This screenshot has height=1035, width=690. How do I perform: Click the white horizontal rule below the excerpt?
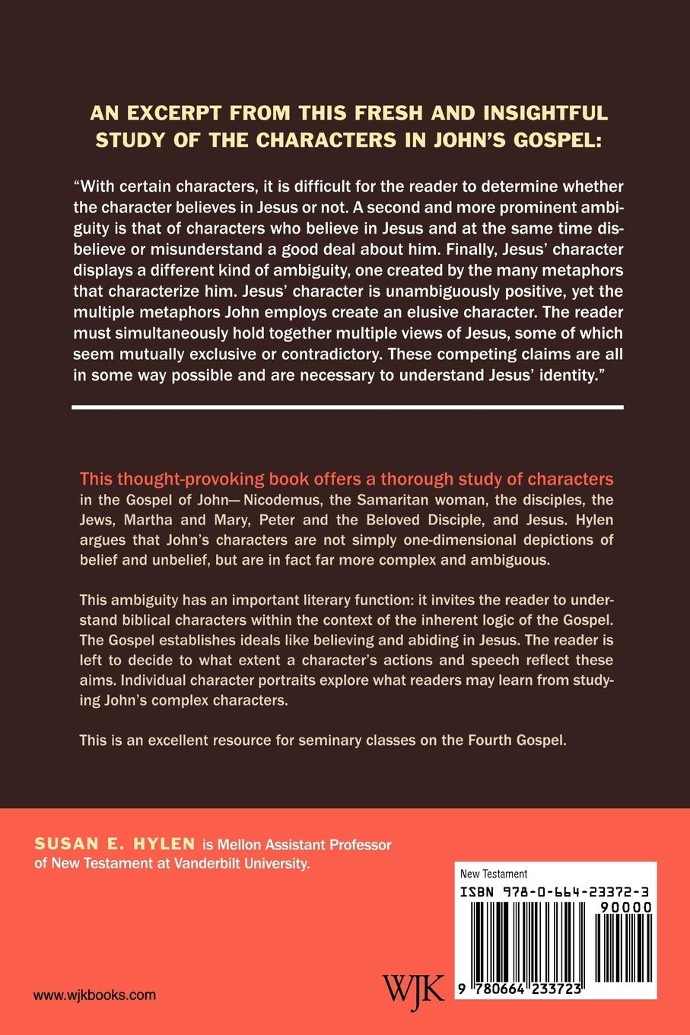348,407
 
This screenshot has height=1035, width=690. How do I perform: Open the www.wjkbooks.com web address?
95,995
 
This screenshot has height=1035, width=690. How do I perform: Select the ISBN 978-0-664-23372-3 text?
555,890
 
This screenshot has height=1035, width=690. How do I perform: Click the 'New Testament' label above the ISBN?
494,874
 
